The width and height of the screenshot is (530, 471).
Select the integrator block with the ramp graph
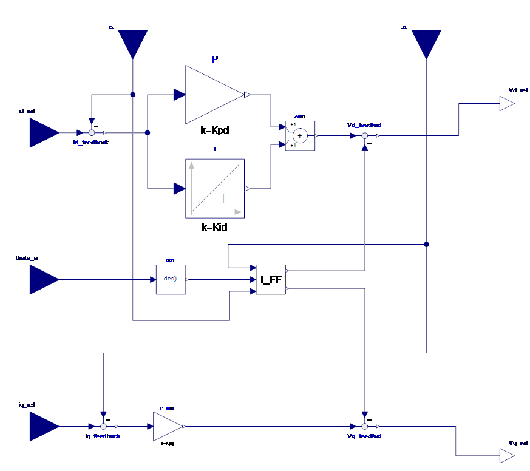pos(214,188)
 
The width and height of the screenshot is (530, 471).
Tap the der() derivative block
pos(171,279)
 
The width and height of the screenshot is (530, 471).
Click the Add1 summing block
pos(300,136)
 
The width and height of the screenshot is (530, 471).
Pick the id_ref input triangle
pos(42,132)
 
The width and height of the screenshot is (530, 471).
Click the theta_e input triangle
pos(42,280)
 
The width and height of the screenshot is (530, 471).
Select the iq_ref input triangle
pos(42,426)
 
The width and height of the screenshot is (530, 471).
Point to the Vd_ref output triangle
pos(506,104)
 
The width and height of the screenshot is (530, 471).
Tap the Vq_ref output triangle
pos(506,455)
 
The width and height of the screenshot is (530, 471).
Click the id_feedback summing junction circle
pos(92,132)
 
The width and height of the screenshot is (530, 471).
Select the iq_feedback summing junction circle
pos(103,426)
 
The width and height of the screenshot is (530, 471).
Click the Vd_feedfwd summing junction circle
pos(364,136)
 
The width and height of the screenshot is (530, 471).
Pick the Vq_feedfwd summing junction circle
pos(364,426)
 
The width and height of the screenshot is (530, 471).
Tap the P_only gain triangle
pos(166,426)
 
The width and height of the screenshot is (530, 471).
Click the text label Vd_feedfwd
pos(364,125)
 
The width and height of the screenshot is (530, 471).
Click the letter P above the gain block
pos(215,59)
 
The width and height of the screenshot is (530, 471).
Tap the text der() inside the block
pos(171,279)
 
